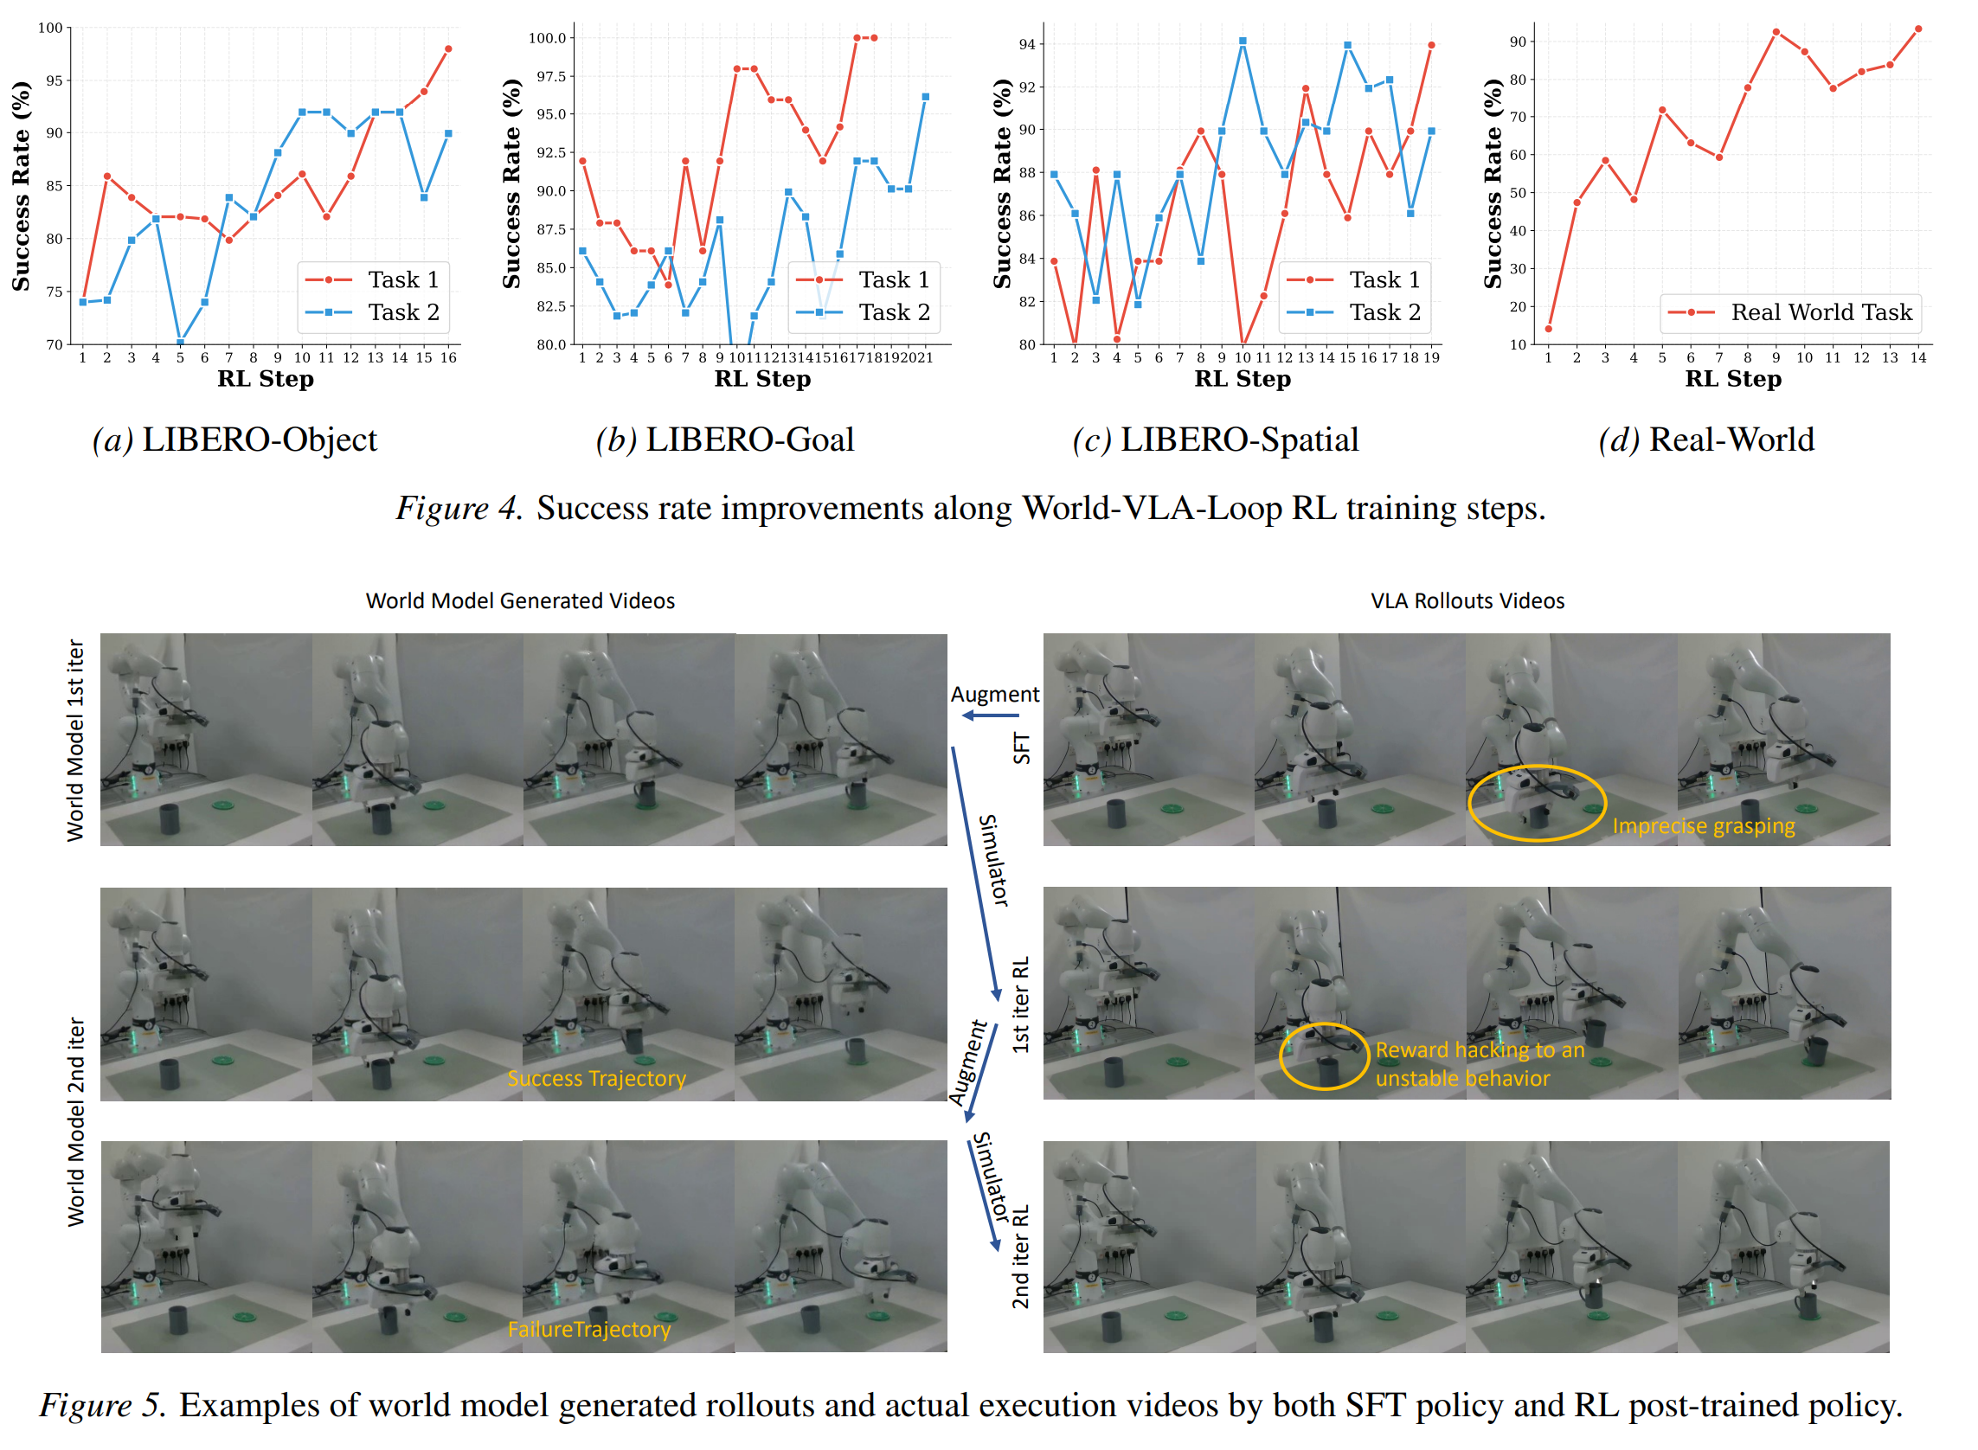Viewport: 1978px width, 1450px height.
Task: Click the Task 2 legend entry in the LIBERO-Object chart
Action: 373,312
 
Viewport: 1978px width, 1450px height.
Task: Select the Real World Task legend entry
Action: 1790,312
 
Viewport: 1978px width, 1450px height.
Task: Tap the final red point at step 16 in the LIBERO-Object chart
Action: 448,49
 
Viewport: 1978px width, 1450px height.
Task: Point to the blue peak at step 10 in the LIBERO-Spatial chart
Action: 1243,42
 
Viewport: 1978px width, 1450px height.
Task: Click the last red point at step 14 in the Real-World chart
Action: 1919,29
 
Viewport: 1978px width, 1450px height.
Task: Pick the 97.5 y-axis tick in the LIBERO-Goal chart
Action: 551,76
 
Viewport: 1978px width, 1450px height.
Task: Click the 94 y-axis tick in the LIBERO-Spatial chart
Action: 1026,44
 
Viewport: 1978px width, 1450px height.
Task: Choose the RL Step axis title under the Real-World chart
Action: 1734,379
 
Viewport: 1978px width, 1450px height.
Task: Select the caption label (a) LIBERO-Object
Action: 235,439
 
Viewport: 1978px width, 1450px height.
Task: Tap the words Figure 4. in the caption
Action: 459,508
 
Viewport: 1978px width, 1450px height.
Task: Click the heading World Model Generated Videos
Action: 521,601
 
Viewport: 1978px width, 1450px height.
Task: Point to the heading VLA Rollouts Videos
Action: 1467,601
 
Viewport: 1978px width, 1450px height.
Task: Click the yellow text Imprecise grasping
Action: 1704,827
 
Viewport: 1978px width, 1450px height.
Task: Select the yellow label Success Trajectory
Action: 597,1079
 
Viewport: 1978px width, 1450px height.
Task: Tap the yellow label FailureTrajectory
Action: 590,1330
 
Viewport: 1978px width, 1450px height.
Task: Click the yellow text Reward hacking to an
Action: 1480,1050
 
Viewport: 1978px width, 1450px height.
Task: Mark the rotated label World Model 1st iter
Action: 76,741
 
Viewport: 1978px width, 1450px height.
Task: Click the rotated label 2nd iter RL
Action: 1020,1257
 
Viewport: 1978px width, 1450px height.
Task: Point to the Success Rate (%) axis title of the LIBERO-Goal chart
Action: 512,183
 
